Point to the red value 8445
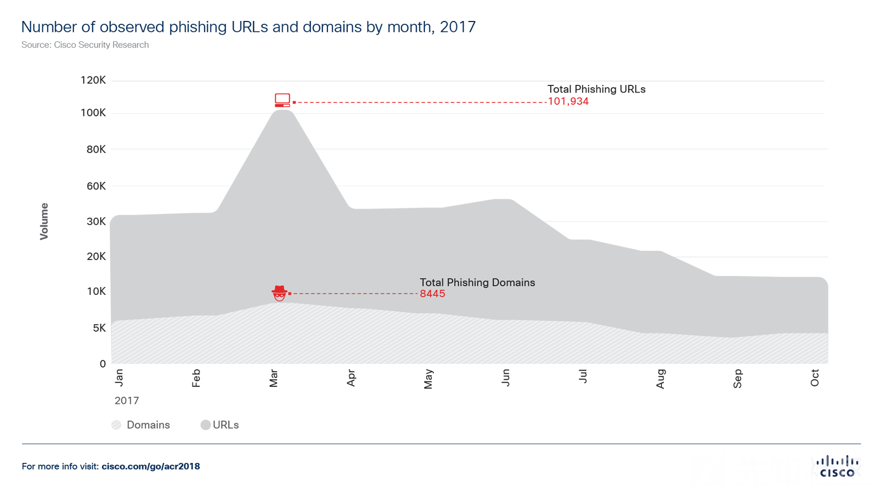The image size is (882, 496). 432,294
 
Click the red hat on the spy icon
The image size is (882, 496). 279,289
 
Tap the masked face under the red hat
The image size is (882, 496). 279,297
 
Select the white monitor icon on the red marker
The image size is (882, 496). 282,99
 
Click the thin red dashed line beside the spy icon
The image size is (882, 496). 353,294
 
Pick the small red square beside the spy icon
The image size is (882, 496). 290,294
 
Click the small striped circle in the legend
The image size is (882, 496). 116,425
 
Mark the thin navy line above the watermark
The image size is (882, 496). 606,444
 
